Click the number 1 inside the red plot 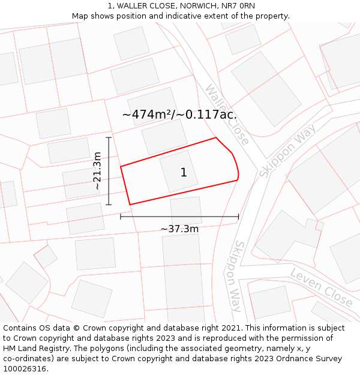(x=184, y=173)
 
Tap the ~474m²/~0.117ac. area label (x=179, y=114)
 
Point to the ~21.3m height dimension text (x=98, y=171)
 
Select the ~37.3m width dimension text (x=179, y=229)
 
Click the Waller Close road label (x=227, y=114)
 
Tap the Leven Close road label (x=321, y=287)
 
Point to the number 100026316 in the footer (x=25, y=369)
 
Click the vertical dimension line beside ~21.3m (x=109, y=171)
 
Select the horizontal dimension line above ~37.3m (x=179, y=217)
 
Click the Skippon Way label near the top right (x=287, y=151)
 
